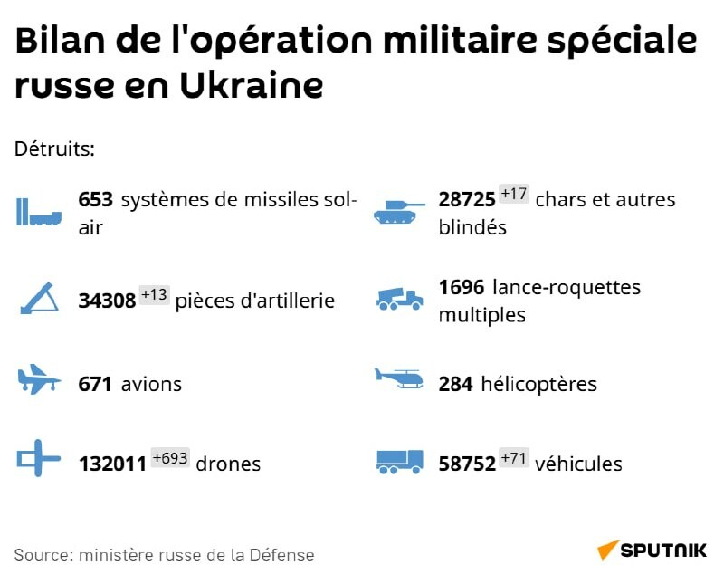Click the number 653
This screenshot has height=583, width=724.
click(95, 200)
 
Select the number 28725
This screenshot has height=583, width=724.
click(466, 200)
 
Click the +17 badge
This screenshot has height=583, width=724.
click(513, 195)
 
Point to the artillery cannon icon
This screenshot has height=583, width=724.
click(39, 298)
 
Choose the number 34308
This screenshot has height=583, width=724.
click(108, 301)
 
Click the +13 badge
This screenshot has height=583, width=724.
click(154, 295)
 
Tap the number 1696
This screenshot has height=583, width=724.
click(462, 288)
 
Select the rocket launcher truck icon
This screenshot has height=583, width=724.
click(399, 299)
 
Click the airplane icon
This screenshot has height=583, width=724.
click(39, 380)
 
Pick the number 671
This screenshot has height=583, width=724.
click(95, 384)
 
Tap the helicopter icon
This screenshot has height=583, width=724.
click(399, 378)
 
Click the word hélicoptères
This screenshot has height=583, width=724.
click(538, 384)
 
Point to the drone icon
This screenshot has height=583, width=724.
click(38, 459)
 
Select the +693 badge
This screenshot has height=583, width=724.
click(169, 458)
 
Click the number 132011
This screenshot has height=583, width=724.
click(112, 464)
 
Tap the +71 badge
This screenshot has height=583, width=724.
click(513, 458)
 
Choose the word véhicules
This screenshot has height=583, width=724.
click(578, 464)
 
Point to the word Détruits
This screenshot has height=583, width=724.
click(55, 148)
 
